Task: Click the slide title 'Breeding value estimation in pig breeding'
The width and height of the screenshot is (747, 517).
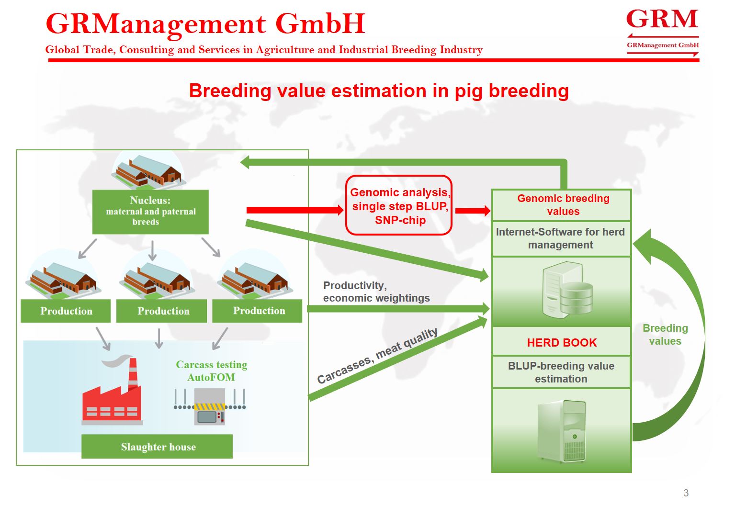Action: (379, 90)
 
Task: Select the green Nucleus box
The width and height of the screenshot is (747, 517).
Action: (150, 212)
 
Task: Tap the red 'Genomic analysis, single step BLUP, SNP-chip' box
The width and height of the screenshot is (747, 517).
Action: (399, 205)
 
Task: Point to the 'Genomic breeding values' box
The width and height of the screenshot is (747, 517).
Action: (562, 205)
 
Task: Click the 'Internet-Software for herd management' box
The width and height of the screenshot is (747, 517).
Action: (562, 239)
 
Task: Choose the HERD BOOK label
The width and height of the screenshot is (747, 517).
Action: (562, 342)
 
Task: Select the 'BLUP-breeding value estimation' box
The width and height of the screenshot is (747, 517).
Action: (561, 372)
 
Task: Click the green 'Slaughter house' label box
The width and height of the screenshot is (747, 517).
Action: (157, 446)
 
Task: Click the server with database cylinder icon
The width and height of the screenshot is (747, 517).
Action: (567, 290)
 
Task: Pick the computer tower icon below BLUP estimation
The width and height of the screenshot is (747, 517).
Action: (562, 431)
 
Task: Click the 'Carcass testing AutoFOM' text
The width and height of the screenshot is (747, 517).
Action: (212, 371)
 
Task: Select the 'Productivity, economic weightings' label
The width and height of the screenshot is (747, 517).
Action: (376, 292)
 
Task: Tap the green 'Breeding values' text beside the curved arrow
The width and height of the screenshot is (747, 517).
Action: (665, 334)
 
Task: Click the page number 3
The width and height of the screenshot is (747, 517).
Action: (686, 493)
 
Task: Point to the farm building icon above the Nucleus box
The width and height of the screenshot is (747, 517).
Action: (148, 170)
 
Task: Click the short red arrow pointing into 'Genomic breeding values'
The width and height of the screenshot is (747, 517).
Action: (473, 211)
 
